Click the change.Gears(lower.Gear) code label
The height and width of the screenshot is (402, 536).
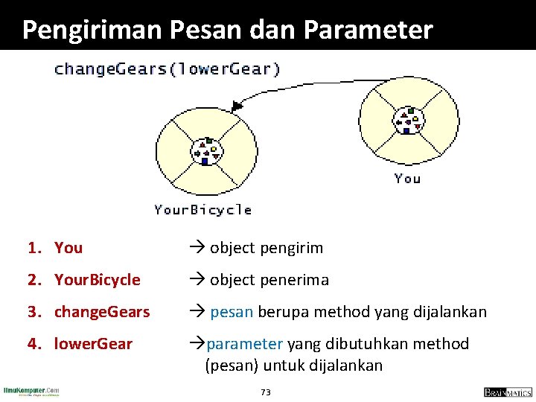(167, 69)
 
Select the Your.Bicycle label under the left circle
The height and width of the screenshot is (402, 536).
(202, 210)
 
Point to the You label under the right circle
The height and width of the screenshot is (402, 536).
(407, 178)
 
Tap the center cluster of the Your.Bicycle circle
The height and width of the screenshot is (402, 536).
(205, 151)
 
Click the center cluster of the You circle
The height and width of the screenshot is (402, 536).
(408, 121)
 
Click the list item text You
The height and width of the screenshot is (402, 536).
(68, 248)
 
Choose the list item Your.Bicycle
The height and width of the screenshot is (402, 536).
(97, 280)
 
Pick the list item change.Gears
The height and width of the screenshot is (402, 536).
(102, 312)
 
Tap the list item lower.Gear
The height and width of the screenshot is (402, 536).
(93, 344)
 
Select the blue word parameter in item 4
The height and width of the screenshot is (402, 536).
(246, 344)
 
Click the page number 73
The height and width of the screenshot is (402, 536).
(266, 392)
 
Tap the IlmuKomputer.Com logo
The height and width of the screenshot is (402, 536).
(31, 391)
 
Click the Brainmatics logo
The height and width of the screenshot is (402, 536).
(507, 392)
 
